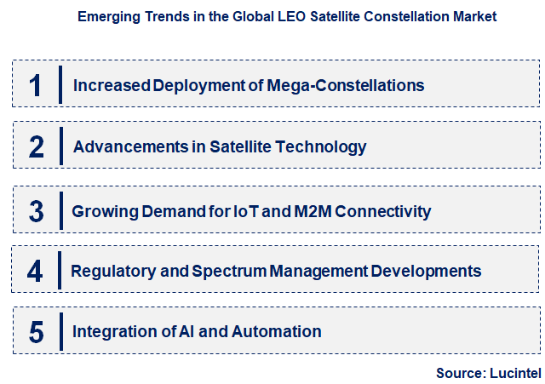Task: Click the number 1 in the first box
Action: pos(35,85)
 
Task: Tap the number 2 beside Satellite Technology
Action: pos(36,147)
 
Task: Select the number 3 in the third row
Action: pos(36,211)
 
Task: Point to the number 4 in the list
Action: pos(35,272)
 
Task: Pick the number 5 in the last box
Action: pos(36,332)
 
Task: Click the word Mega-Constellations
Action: pos(354,85)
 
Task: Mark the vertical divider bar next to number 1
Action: pos(60,84)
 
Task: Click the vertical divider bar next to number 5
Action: pos(61,331)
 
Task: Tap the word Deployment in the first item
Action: pos(183,86)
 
